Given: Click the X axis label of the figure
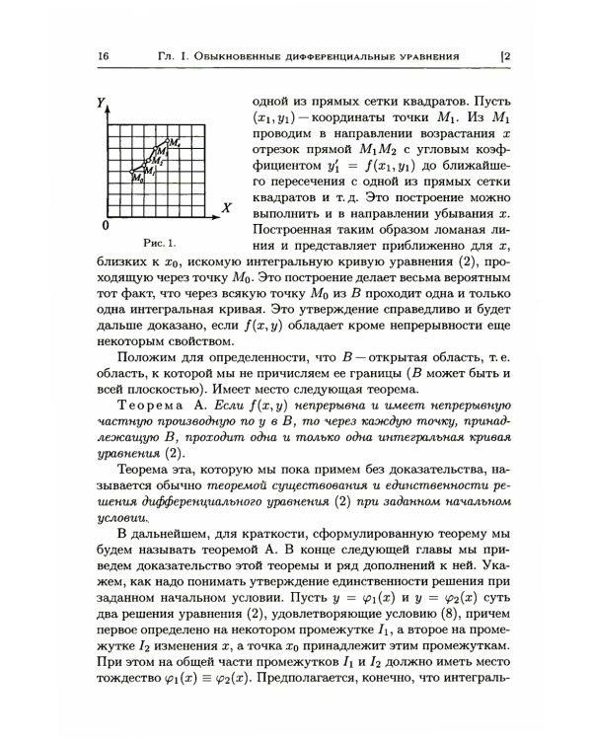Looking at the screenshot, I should [226, 208].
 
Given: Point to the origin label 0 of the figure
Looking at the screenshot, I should [105, 227].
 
